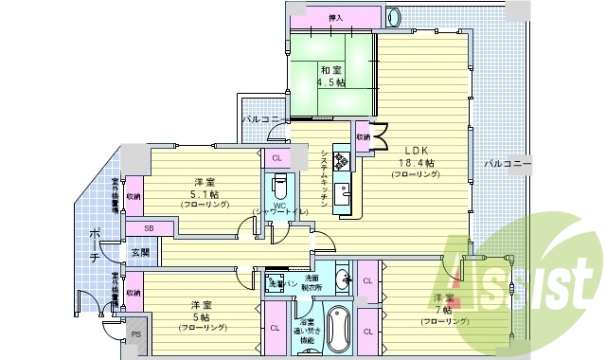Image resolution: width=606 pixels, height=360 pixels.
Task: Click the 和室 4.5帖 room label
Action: [331, 77]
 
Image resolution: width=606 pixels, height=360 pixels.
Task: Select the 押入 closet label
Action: [335, 18]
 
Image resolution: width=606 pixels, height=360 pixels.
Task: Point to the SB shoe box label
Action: [150, 228]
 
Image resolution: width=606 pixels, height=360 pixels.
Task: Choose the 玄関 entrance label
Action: [141, 252]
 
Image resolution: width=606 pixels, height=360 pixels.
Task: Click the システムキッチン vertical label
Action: [325, 175]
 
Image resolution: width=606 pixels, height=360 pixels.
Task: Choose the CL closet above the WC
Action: [276, 158]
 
